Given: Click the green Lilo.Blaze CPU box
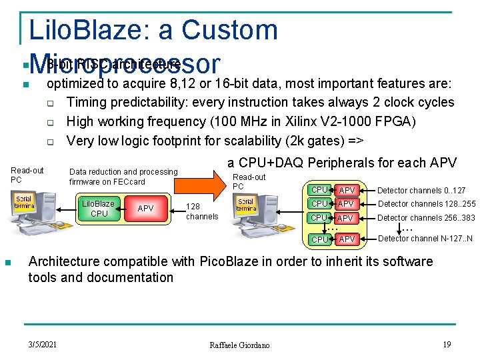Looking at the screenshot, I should [99, 209].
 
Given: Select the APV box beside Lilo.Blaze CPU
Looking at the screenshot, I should [145, 209].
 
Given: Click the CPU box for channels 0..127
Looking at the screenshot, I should [320, 191].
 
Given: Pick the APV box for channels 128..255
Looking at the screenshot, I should [346, 204].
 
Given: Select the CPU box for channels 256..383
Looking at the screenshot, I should [320, 218].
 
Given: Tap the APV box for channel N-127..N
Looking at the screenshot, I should [346, 239].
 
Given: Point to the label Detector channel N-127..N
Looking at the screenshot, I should [425, 239].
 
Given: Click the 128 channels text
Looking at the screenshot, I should [202, 212].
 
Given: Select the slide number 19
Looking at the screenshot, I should [447, 344].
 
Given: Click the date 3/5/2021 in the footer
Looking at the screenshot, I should [43, 344].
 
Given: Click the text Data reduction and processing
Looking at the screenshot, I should [123, 172].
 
